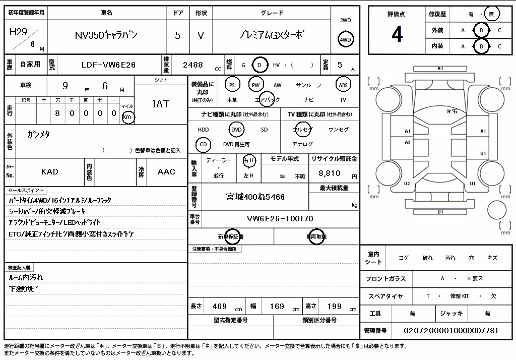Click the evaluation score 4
tap(397, 34)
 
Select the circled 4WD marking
tap(345, 40)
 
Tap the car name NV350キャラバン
tap(106, 35)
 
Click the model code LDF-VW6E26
tap(108, 65)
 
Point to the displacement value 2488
tap(193, 65)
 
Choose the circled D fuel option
tap(259, 65)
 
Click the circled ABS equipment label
tap(343, 85)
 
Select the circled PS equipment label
tap(232, 85)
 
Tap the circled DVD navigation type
tap(236, 130)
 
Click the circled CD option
tap(203, 144)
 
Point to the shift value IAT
tap(161, 104)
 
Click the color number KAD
tap(50, 171)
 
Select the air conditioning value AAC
tap(166, 171)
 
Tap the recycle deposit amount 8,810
tap(330, 173)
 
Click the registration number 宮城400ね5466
tap(255, 197)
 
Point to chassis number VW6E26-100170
tap(280, 218)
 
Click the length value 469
tap(220, 307)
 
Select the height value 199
tap(335, 307)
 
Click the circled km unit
tap(127, 117)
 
